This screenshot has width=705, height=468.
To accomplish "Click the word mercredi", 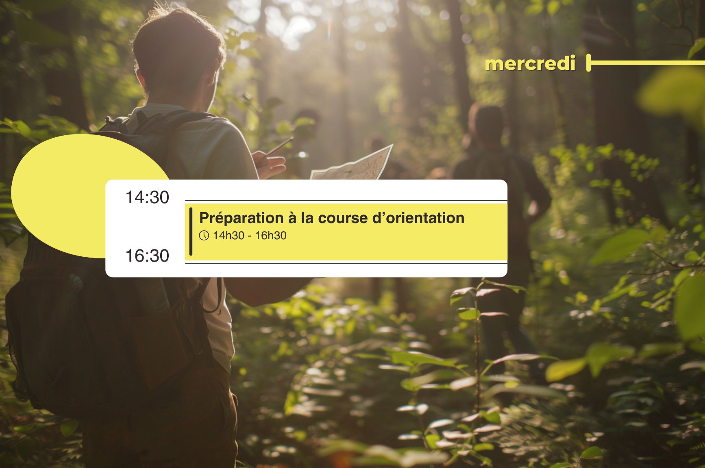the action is (x=530, y=64).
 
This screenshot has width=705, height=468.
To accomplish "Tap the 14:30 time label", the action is (x=147, y=197).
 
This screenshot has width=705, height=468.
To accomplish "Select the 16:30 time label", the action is (x=147, y=256).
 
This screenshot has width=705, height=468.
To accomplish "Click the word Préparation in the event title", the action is (x=241, y=219).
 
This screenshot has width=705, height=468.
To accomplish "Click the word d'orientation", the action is (x=418, y=218).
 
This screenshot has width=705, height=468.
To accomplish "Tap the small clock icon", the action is (x=204, y=236).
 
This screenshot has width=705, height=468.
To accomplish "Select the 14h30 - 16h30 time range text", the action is (x=250, y=236).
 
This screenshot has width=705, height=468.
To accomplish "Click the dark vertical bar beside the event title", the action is (x=191, y=232).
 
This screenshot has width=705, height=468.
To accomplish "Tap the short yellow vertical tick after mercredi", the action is (x=588, y=63).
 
